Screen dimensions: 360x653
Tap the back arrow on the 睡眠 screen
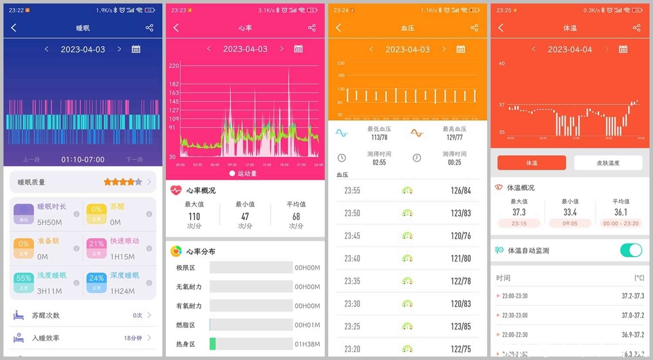pos(14,28)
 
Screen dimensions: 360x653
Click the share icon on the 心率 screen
pos(312,28)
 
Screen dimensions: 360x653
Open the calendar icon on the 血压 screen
pos(461,49)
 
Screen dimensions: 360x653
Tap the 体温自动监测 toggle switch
pos(631,250)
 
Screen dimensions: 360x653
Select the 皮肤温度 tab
pos(608,163)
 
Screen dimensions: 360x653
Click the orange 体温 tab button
pos(532,163)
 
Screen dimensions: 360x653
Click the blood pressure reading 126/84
pos(461,191)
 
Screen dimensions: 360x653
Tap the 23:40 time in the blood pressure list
pos(352,259)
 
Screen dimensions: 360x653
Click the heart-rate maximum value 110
pos(194,216)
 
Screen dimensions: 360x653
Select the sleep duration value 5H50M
pos(50,222)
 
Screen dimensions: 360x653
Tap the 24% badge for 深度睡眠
pos(97,278)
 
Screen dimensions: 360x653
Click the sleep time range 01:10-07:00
pos(83,160)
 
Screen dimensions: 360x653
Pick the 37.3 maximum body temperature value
pos(519,212)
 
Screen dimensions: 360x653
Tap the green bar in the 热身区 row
pos(212,344)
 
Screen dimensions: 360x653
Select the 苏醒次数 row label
pos(46,315)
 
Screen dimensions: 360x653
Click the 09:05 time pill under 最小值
pos(570,223)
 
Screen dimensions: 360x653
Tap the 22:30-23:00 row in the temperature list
pos(515,315)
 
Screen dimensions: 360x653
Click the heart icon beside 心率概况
pos(176,190)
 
